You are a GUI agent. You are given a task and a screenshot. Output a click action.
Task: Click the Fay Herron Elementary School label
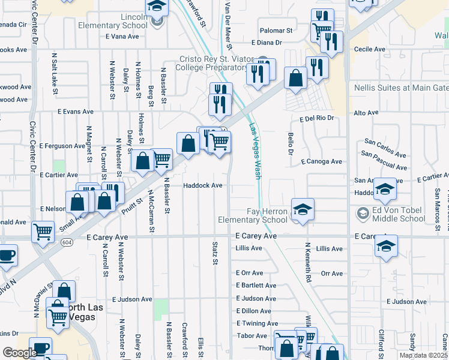(268, 215)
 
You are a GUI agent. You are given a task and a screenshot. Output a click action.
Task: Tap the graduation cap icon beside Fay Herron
(303, 210)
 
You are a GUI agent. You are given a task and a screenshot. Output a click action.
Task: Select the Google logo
(20, 352)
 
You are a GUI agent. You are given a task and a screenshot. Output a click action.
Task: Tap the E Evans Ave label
(76, 112)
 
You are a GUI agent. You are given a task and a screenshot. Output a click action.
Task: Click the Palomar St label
(276, 30)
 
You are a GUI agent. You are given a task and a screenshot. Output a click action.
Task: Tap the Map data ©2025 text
(423, 355)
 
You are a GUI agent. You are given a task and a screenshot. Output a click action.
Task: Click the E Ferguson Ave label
(62, 146)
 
